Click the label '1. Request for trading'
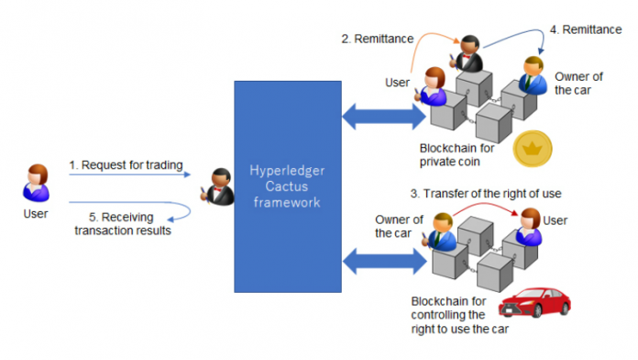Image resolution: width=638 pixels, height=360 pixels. click(126, 165)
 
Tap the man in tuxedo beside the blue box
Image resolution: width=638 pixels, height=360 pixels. click(221, 186)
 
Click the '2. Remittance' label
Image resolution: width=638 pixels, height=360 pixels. click(377, 39)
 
